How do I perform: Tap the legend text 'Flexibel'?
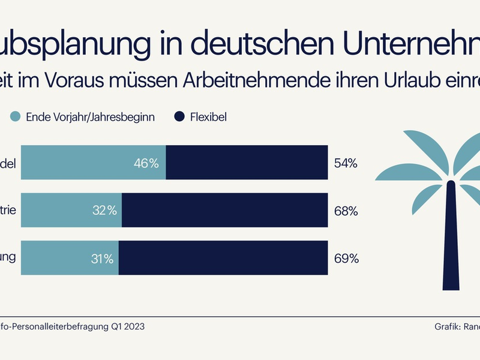pos(210,116)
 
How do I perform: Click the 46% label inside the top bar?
pos(146,163)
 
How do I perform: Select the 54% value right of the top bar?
pos(347,163)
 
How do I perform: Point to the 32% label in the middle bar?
pos(104,211)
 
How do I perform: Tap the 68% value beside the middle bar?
pos(347,211)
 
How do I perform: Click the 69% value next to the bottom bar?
pos(347,259)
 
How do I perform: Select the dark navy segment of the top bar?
pos(247,163)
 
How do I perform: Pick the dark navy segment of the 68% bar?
pos(224,211)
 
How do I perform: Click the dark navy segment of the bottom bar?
pos(223,259)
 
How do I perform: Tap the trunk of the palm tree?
pos(450,240)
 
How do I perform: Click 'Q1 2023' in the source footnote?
pos(127,327)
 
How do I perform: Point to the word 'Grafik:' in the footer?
pos(448,327)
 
